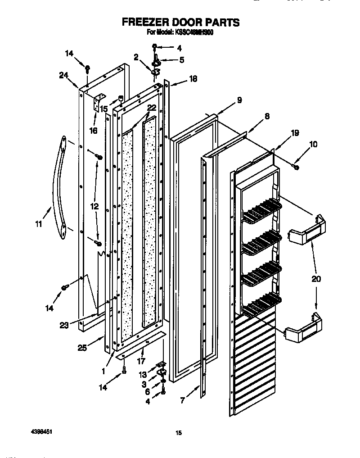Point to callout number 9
click(x=239, y=100)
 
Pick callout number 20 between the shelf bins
click(x=316, y=279)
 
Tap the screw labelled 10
click(x=296, y=167)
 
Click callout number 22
click(x=151, y=107)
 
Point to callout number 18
click(x=192, y=79)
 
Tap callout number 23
click(x=64, y=325)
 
